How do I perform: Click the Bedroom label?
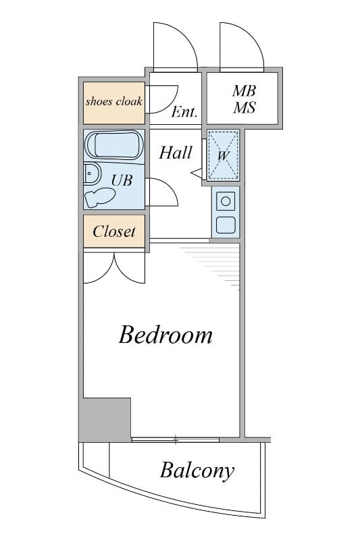165,334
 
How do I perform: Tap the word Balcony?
197,470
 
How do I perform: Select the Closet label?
114,232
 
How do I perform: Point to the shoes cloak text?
113,101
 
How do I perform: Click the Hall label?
176,153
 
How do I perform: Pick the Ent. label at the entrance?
184,111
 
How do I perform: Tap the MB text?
244,91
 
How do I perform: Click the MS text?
244,107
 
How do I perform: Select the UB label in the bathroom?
122,180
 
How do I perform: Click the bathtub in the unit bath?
113,144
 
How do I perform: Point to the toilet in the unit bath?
99,197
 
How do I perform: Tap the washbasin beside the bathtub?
92,173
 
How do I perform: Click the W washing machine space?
224,155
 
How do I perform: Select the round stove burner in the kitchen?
226,201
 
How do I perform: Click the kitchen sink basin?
226,225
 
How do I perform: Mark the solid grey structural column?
105,419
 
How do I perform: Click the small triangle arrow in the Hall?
197,173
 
